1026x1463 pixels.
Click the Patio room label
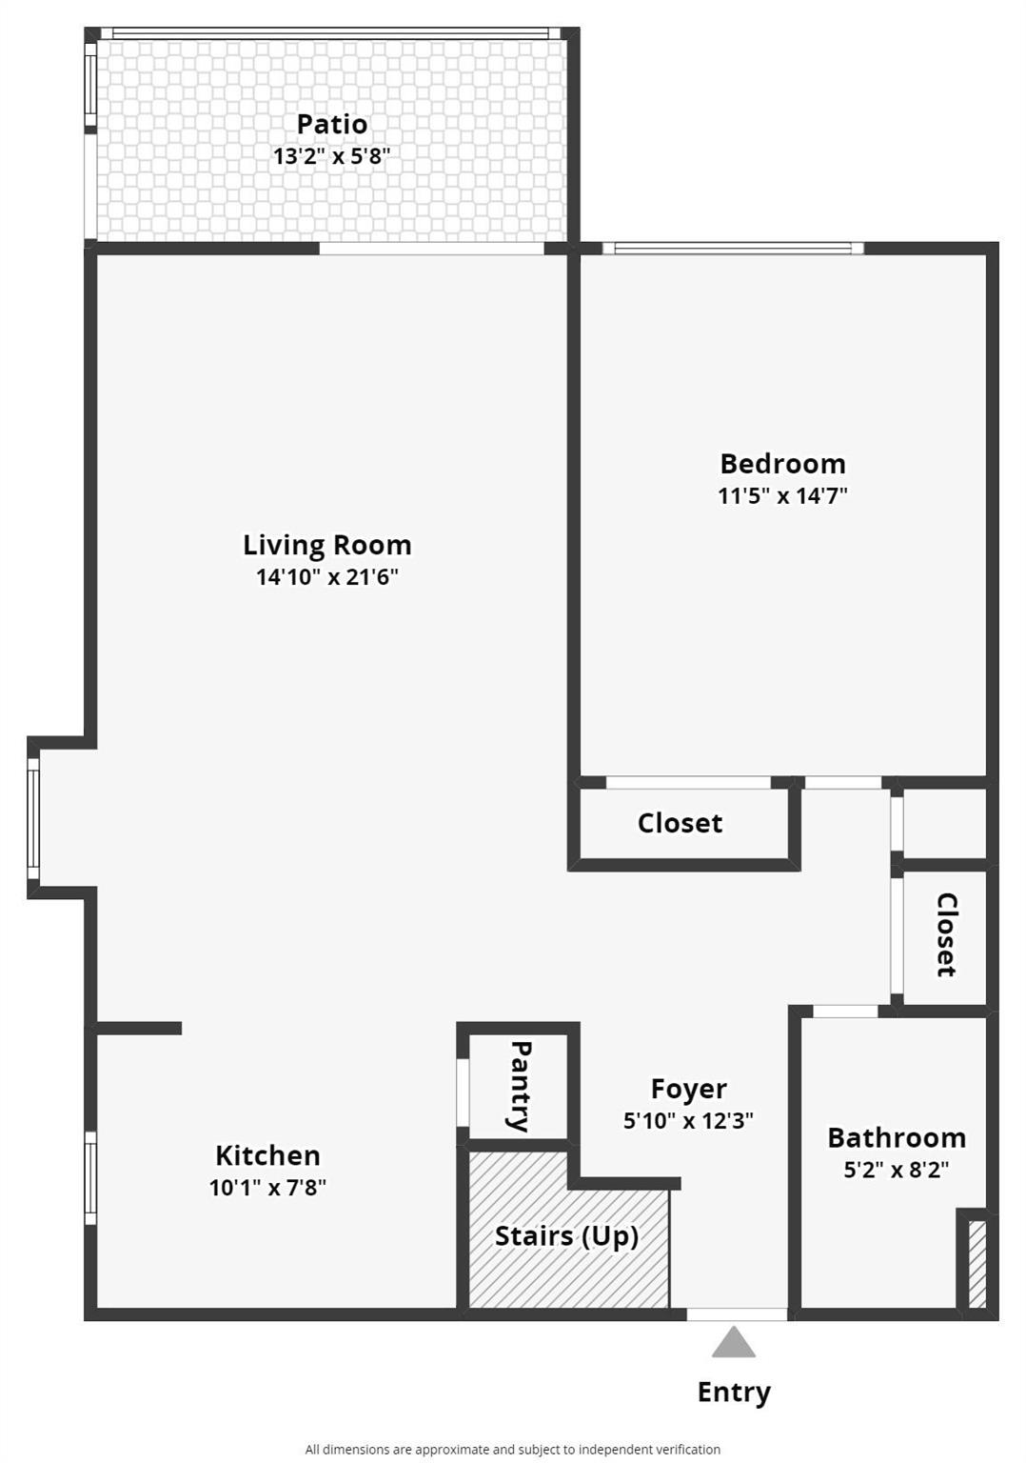(332, 124)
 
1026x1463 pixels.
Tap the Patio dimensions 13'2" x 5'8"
(331, 156)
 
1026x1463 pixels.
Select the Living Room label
(327, 546)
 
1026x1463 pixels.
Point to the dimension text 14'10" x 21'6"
(327, 576)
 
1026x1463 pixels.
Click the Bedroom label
(782, 464)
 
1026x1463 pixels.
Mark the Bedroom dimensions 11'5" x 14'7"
(782, 495)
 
